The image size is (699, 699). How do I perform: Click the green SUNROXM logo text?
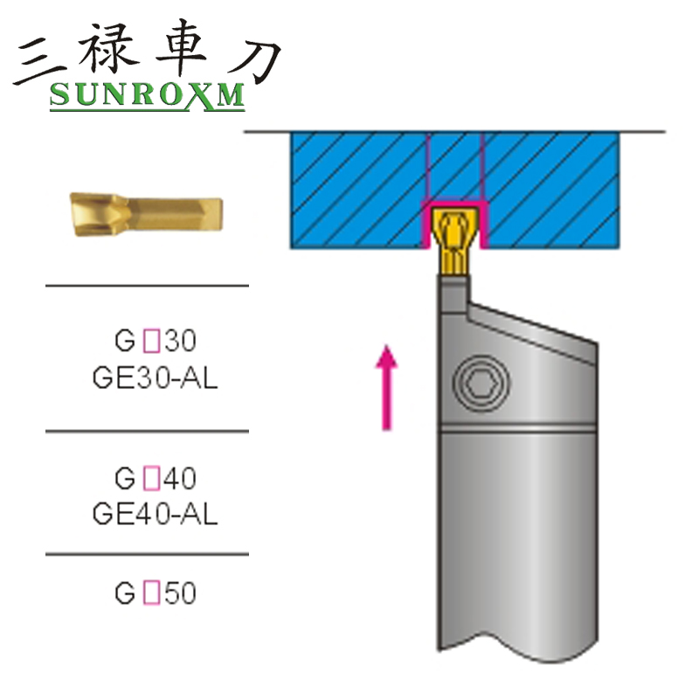[x=147, y=95]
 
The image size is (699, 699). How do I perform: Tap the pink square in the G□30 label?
[x=149, y=340]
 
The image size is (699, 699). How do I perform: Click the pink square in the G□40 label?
[x=149, y=479]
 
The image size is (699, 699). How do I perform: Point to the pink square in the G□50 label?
[x=149, y=594]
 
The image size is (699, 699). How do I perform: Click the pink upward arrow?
[x=385, y=384]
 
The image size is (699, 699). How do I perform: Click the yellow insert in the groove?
[x=453, y=239]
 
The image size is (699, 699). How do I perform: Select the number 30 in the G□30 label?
[x=179, y=340]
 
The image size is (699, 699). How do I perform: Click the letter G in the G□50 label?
[x=124, y=594]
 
